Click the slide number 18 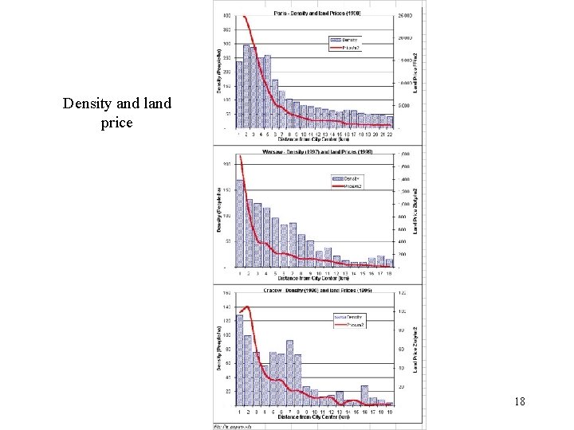[519, 402]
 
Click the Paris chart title [316, 14]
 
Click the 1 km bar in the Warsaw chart [239, 223]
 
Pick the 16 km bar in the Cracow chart [364, 396]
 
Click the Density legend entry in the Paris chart [347, 39]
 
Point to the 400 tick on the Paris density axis [228, 16]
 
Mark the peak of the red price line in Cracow [247, 307]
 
